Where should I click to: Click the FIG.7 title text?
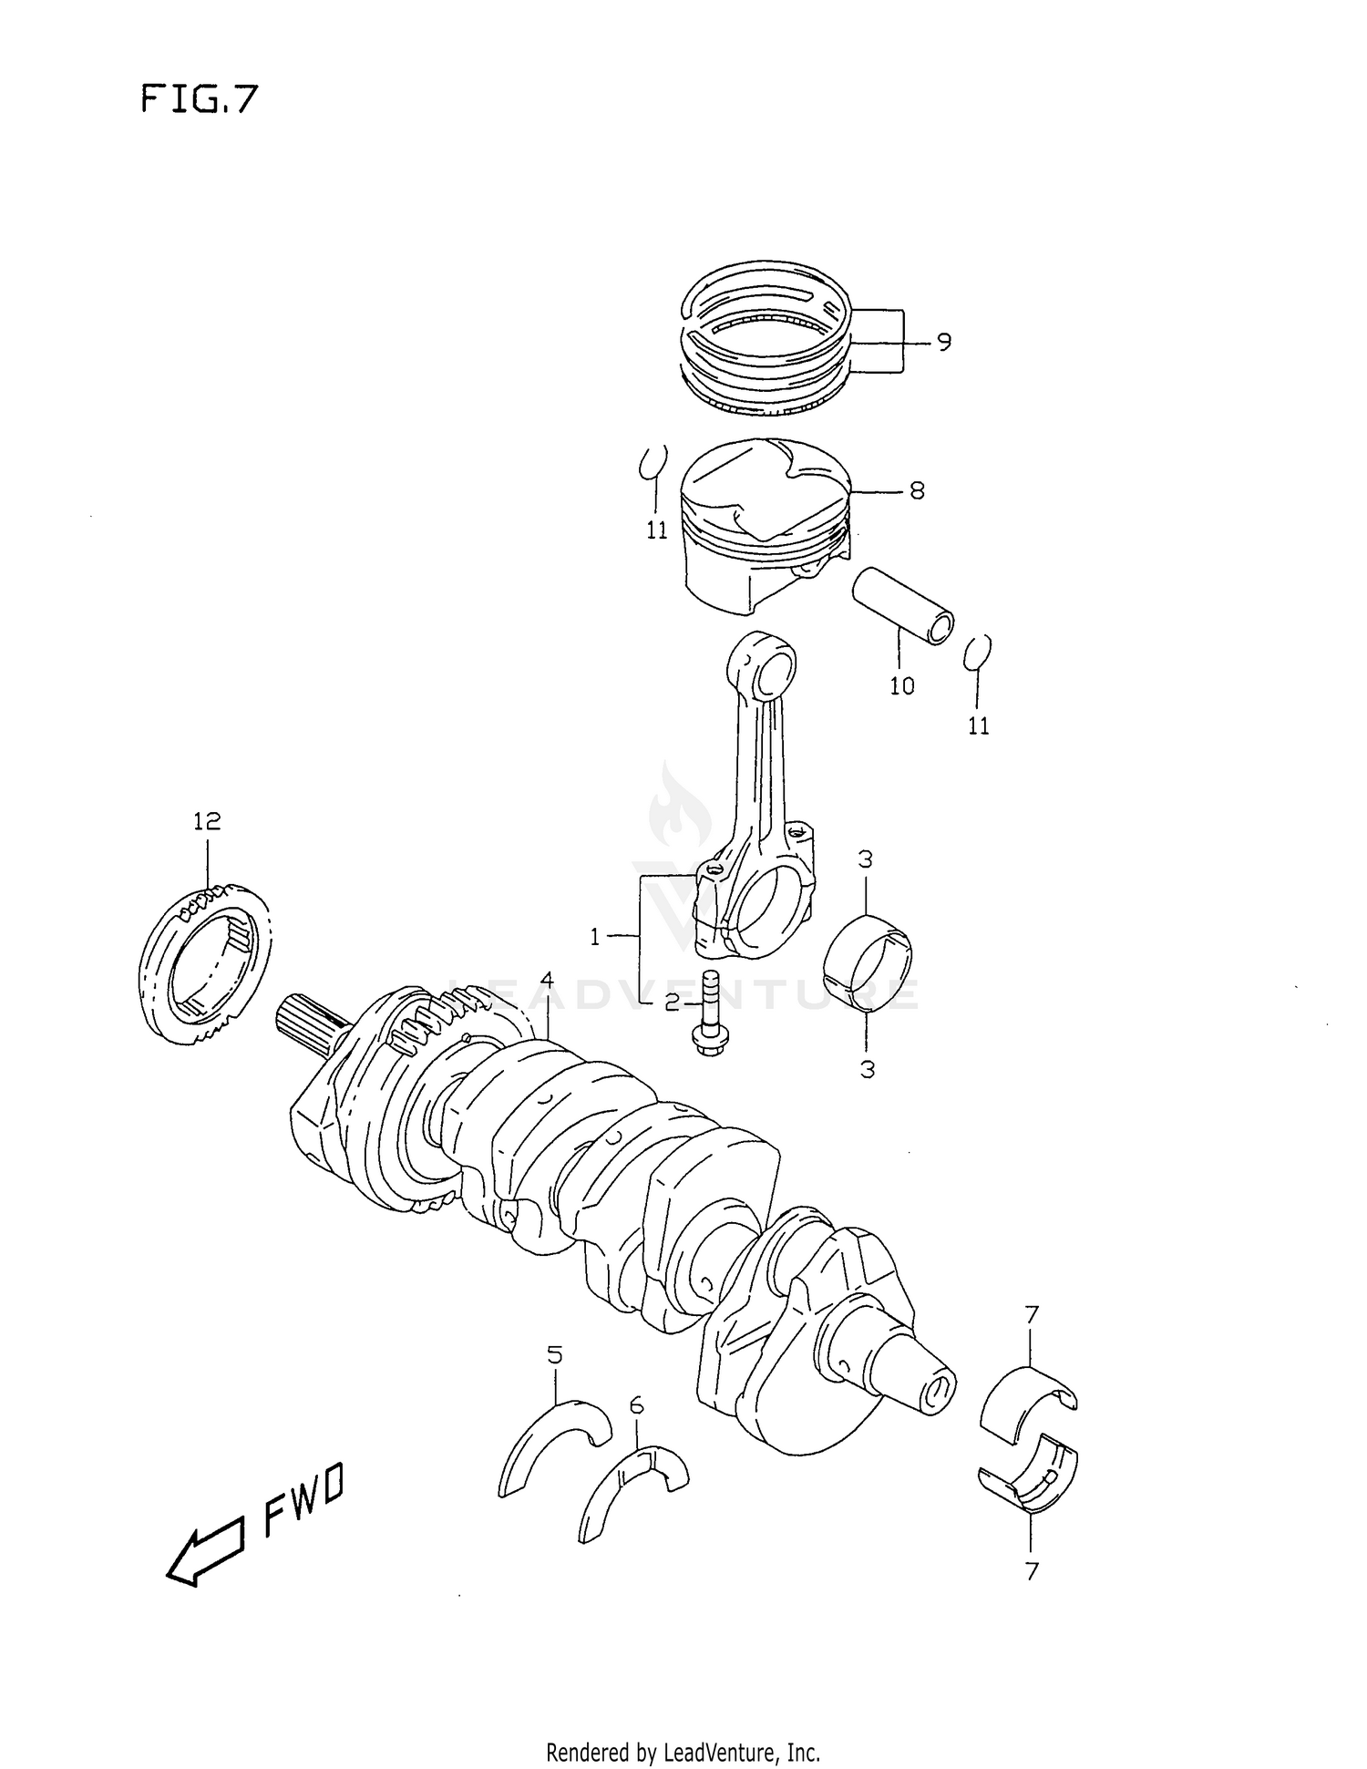pyautogui.click(x=200, y=98)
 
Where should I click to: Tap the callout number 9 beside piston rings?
pyautogui.click(x=943, y=342)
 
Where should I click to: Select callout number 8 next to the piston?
pyautogui.click(x=916, y=490)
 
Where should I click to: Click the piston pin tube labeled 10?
pyautogui.click(x=902, y=604)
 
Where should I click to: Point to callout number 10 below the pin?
pyautogui.click(x=901, y=685)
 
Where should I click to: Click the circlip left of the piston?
pyautogui.click(x=653, y=462)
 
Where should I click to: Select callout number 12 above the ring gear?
pyautogui.click(x=207, y=821)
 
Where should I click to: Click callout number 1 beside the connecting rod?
pyautogui.click(x=595, y=936)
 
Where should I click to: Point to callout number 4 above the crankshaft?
pyautogui.click(x=547, y=980)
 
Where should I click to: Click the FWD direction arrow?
pyautogui.click(x=204, y=1550)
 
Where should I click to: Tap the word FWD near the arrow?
pyautogui.click(x=303, y=1498)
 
